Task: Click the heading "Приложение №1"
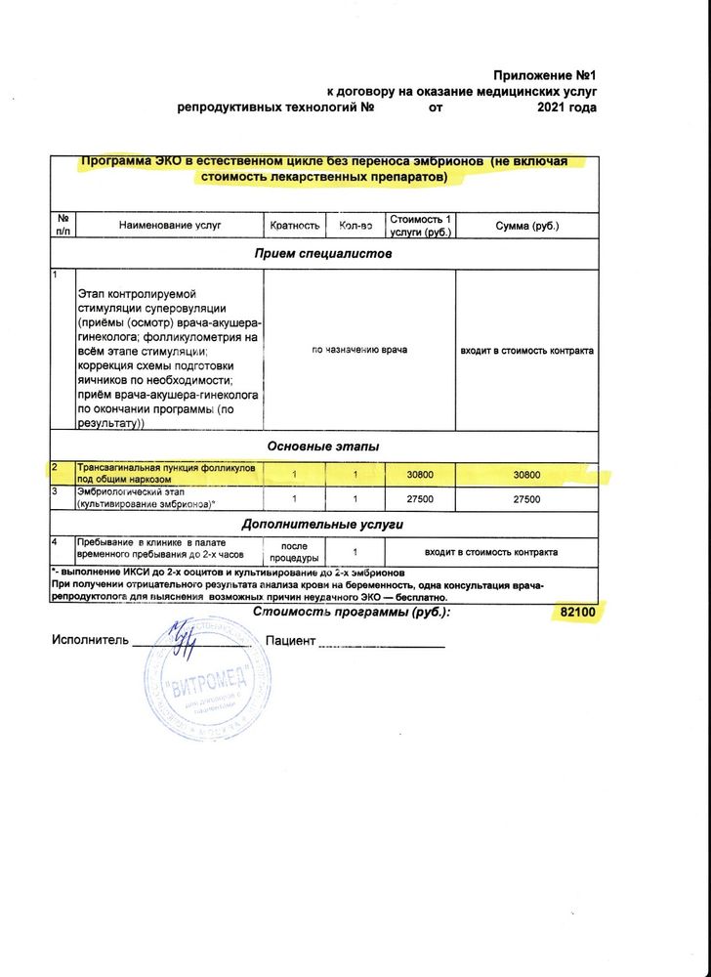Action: coord(544,75)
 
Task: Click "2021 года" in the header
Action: coord(565,107)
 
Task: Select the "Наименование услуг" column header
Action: coord(170,226)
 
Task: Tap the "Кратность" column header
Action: coord(295,226)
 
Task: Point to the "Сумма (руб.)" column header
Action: coord(526,226)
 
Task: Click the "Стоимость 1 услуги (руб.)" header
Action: coord(420,226)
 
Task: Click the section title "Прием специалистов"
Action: coord(322,254)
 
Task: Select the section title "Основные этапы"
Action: coord(322,446)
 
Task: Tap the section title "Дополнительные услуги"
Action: coord(322,525)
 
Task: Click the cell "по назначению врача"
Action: coord(359,350)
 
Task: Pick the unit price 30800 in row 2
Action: coord(420,474)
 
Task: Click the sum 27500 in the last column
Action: coord(526,498)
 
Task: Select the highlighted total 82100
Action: coord(577,613)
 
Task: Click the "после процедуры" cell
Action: coord(294,551)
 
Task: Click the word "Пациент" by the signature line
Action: coord(290,641)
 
